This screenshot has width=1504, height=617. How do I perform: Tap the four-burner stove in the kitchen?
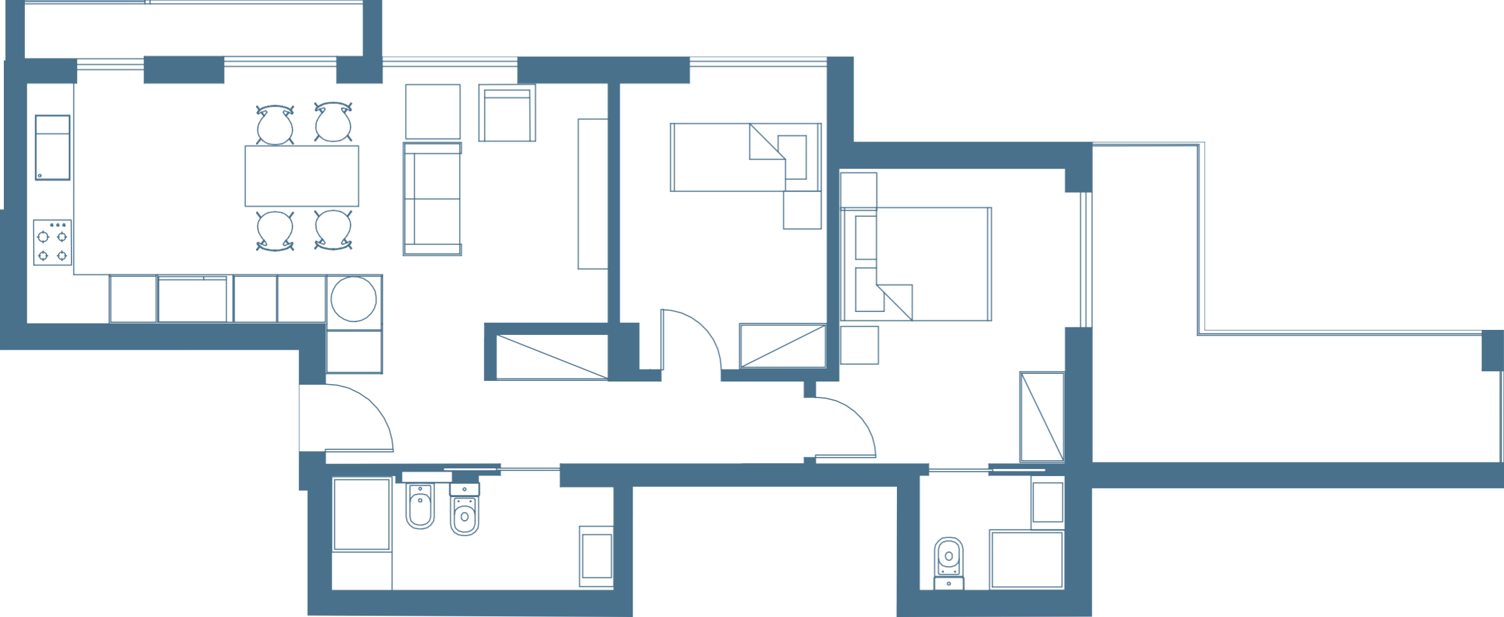[52, 242]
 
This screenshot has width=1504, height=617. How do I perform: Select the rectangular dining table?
[302, 175]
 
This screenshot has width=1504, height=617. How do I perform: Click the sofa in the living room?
[432, 198]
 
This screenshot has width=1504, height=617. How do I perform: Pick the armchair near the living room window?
[508, 114]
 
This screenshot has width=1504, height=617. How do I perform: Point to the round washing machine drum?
[354, 299]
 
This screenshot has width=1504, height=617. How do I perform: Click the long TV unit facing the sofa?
[592, 193]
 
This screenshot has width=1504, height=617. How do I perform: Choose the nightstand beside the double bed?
[859, 345]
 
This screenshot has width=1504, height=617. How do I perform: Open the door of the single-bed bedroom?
[689, 338]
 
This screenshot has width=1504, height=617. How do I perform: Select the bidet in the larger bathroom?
[420, 507]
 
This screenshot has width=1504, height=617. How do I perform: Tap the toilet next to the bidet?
[465, 510]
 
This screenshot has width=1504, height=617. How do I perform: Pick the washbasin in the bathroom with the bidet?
[596, 556]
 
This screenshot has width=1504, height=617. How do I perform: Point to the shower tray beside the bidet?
[362, 514]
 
